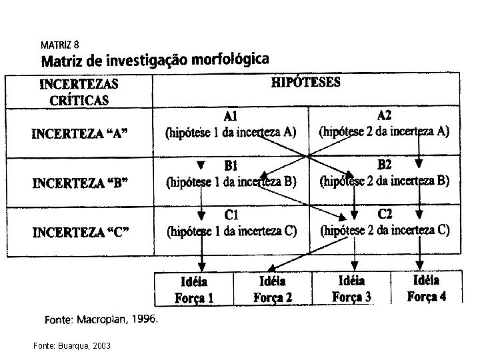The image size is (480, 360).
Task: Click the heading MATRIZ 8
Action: pyautogui.click(x=61, y=45)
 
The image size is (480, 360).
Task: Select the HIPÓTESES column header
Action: pyautogui.click(x=307, y=83)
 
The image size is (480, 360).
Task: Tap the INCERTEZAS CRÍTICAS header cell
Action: pyautogui.click(x=79, y=92)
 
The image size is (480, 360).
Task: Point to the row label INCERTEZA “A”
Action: pyautogui.click(x=80, y=133)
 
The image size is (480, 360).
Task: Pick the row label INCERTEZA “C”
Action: pyautogui.click(x=80, y=232)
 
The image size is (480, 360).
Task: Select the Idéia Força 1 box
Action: pyautogui.click(x=194, y=290)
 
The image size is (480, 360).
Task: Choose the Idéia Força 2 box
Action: pyautogui.click(x=272, y=289)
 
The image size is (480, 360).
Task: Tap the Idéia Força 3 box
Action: pyautogui.click(x=351, y=289)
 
